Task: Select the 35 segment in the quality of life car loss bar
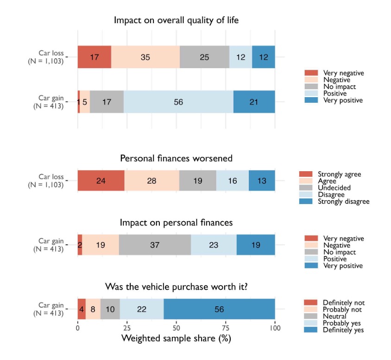(145, 57)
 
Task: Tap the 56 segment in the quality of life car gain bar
(178, 102)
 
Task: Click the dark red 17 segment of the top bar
(94, 57)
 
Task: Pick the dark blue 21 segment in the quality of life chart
(254, 102)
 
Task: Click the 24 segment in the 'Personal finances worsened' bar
(101, 181)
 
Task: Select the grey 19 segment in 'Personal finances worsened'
(198, 181)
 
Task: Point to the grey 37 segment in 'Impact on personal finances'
(155, 245)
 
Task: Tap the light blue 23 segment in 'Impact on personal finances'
(214, 245)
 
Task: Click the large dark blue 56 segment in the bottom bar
(219, 309)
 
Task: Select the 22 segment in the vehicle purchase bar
(142, 309)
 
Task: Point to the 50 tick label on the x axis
(176, 328)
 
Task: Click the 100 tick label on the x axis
(275, 328)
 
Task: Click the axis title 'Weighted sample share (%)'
(176, 339)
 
